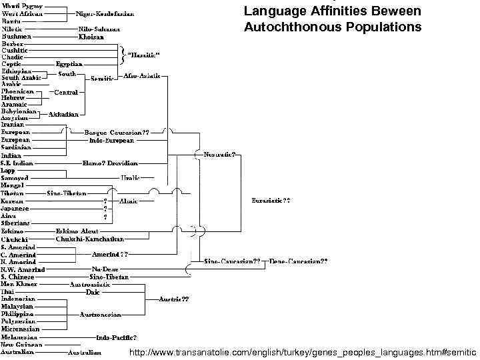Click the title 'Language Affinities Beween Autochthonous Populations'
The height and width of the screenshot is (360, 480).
(332, 19)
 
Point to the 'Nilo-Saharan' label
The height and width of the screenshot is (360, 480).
(98, 29)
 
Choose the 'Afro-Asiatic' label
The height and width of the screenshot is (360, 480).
(142, 76)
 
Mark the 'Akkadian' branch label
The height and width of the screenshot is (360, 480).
(64, 115)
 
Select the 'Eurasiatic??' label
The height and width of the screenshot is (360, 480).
(271, 200)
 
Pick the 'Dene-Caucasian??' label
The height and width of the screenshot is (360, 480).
(299, 261)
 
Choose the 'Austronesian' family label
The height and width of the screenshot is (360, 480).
(100, 313)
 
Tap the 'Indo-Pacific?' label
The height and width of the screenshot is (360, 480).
(117, 337)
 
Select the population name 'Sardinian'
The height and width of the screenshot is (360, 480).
(15, 148)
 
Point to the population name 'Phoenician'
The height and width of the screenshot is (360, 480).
(18, 91)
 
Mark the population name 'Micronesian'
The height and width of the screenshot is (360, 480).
(20, 329)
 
